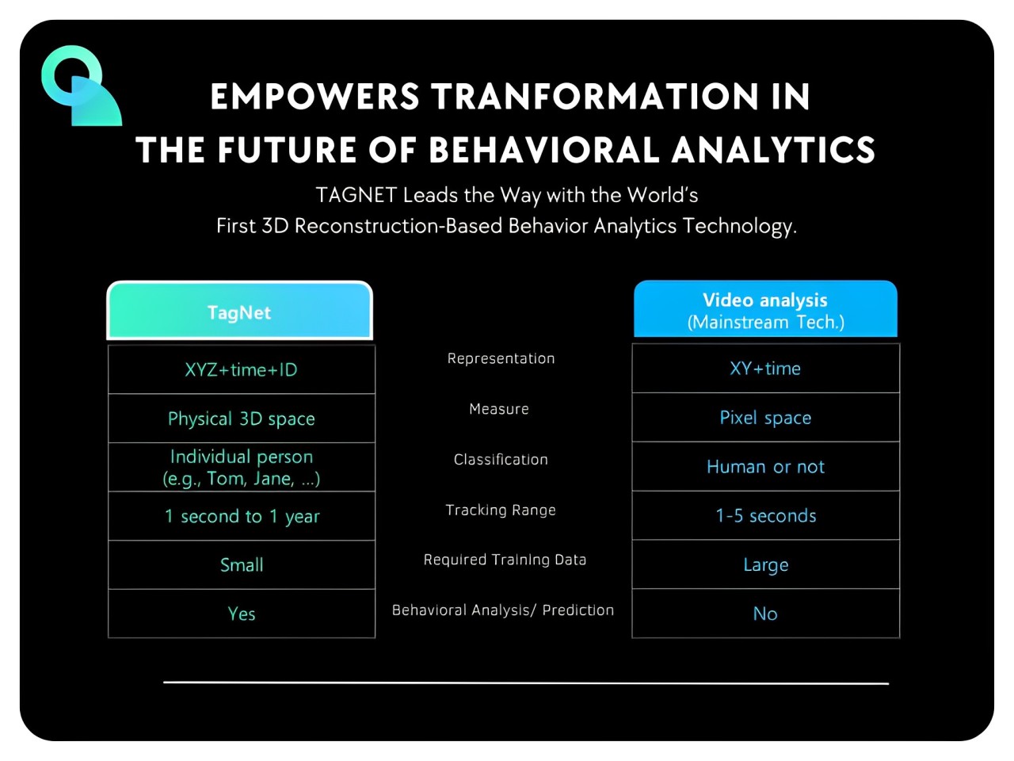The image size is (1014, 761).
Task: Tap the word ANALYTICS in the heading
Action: [773, 150]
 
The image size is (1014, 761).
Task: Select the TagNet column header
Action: [239, 311]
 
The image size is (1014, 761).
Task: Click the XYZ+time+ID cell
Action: [241, 369]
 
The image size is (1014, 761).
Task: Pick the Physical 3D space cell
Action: [241, 419]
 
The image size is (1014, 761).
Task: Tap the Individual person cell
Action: [241, 467]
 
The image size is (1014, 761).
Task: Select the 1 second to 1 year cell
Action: [241, 516]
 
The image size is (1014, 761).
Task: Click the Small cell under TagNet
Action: [241, 564]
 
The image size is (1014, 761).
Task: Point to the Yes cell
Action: [241, 614]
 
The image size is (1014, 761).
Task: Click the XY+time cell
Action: [765, 369]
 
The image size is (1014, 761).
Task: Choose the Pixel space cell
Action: [765, 418]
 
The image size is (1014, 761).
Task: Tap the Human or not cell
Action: [765, 467]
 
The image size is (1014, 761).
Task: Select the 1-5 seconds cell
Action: [765, 515]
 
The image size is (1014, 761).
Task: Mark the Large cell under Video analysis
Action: [765, 564]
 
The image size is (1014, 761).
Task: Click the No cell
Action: [765, 614]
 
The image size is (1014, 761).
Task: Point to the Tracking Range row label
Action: [501, 510]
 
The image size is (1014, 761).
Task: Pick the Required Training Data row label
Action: [505, 560]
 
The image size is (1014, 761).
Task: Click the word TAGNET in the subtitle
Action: [356, 195]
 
